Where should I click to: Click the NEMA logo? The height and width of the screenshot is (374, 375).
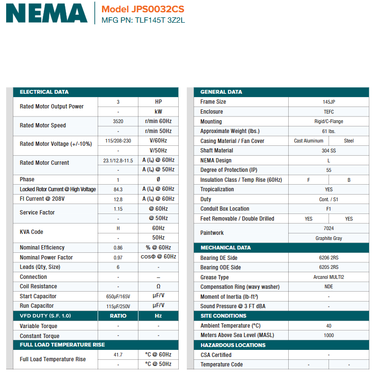click(46, 13)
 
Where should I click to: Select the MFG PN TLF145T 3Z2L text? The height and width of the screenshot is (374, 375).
click(143, 20)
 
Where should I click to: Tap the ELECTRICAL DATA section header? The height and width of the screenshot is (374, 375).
click(44, 92)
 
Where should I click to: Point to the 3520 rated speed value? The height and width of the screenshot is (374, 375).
click(118, 121)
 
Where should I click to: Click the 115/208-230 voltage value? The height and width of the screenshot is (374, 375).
click(118, 141)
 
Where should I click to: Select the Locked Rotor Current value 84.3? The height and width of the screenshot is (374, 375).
click(118, 189)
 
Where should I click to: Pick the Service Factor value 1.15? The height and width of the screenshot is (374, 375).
click(118, 209)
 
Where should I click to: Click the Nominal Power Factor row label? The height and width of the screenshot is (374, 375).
click(46, 258)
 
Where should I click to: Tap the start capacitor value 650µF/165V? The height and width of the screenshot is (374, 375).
click(118, 296)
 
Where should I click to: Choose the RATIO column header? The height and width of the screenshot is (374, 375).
click(118, 316)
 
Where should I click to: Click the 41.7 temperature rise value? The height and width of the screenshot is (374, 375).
click(118, 355)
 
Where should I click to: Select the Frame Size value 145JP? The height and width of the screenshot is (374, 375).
click(329, 102)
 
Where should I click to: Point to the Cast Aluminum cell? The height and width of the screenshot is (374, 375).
click(309, 141)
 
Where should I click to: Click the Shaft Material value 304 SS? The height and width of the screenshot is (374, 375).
click(329, 151)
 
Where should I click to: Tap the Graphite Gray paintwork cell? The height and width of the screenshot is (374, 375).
click(329, 238)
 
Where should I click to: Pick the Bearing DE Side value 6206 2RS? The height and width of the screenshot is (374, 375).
click(329, 258)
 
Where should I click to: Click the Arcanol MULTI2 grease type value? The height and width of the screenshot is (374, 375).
click(329, 277)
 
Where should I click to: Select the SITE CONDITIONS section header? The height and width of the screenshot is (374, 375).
click(223, 316)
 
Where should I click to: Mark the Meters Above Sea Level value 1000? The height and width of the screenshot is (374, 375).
click(329, 335)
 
